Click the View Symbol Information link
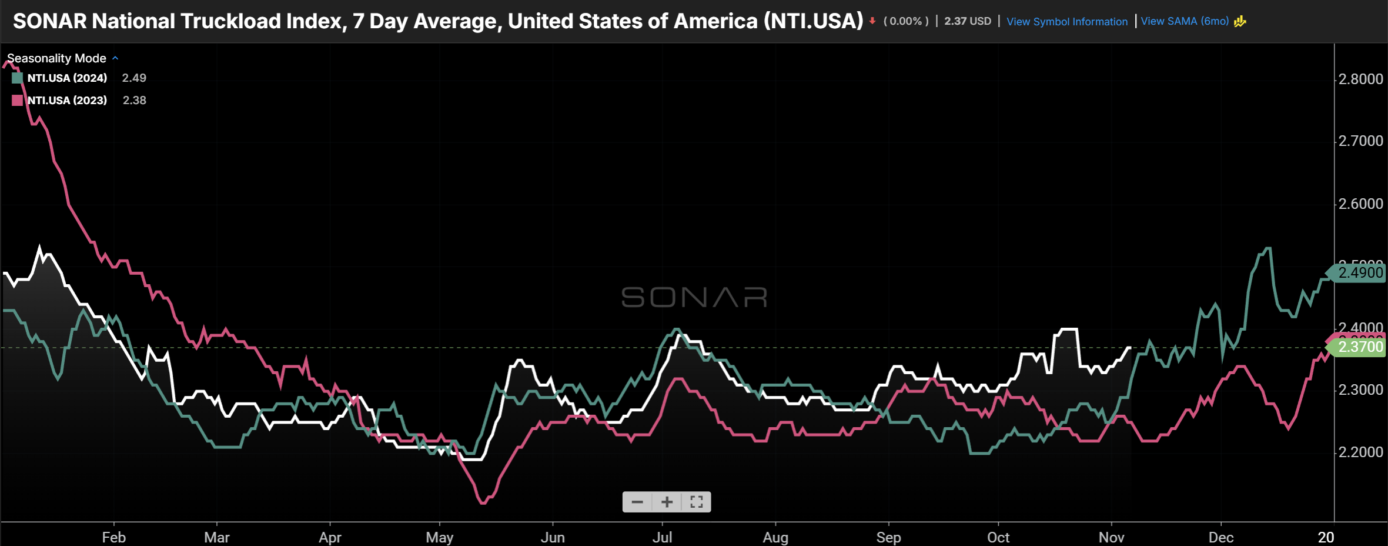1066,22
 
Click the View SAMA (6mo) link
1185,21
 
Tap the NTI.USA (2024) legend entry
67,78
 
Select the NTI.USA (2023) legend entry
67,101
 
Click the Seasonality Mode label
57,58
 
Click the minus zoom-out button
637,502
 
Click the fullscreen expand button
697,502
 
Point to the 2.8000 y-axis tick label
1360,79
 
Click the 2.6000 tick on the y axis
1360,204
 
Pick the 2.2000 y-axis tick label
1360,452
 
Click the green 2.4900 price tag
1359,273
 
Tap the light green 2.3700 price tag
1359,347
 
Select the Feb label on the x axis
113,537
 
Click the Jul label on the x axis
662,537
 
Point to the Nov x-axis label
1111,537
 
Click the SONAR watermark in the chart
694,298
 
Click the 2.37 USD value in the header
967,21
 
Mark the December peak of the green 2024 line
1267,248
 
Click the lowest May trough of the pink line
483,503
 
